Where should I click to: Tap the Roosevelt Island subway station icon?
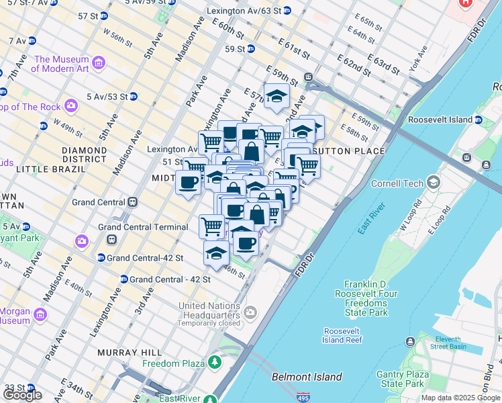pos(479,120)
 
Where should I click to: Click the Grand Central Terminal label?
pos(143,227)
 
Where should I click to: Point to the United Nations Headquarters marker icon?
pos(250,312)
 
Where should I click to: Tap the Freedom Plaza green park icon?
pos(215,363)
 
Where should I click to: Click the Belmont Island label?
pos(307,377)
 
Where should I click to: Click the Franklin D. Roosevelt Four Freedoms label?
pos(370,298)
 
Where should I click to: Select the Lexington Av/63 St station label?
pos(244,11)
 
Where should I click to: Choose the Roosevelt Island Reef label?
pos(344,335)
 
